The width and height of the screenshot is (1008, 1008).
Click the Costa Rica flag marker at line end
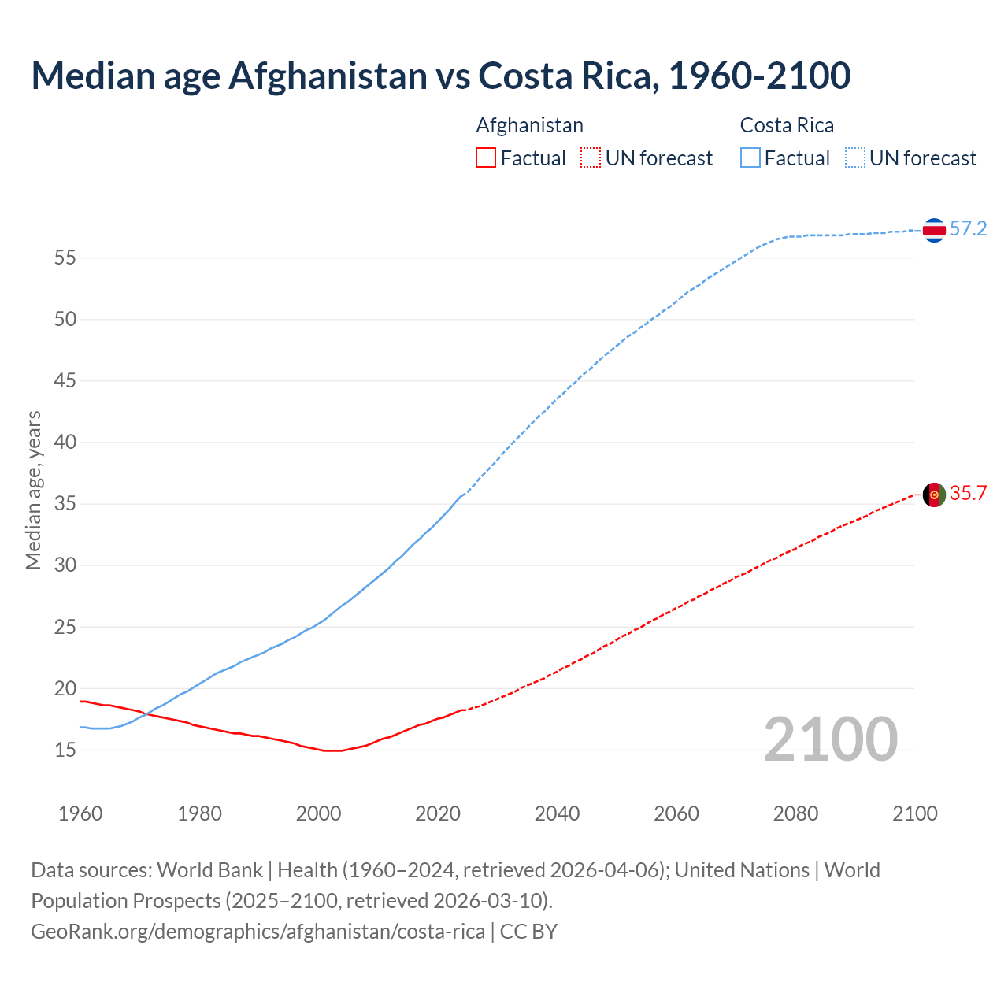click(x=934, y=230)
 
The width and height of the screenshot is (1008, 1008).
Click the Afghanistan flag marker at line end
click(x=934, y=495)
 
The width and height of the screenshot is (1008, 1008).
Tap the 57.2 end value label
click(x=968, y=229)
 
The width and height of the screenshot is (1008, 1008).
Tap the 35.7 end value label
click(x=968, y=494)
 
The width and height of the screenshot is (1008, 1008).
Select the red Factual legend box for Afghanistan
click(x=486, y=158)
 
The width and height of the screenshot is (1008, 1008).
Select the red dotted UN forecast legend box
click(x=591, y=158)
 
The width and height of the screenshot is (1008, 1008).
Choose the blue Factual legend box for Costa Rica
click(x=750, y=158)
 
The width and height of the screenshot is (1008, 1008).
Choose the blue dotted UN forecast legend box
click(x=854, y=158)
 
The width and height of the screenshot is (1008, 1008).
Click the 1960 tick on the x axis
click(x=80, y=813)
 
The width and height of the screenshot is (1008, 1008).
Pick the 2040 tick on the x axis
click(x=557, y=813)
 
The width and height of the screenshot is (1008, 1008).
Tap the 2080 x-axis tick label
click(x=795, y=813)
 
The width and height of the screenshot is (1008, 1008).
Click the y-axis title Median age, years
click(x=33, y=490)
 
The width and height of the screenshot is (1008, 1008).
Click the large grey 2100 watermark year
click(x=830, y=739)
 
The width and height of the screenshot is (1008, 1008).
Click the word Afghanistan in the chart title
click(x=328, y=76)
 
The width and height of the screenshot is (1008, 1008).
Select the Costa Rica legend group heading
click(x=787, y=126)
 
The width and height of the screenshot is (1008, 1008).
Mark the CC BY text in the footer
click(x=528, y=932)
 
